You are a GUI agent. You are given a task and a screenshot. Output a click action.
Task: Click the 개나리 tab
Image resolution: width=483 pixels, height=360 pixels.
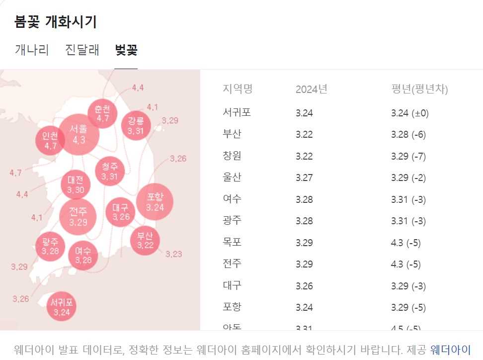[32, 50]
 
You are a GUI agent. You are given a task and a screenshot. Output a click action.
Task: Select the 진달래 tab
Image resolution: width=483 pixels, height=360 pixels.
[82, 50]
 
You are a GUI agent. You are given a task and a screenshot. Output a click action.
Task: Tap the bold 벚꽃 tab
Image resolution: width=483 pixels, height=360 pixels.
[126, 50]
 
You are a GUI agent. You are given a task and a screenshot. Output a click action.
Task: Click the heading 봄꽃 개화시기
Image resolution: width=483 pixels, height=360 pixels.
[56, 22]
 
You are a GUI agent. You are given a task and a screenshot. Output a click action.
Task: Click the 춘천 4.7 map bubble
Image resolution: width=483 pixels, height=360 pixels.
[102, 113]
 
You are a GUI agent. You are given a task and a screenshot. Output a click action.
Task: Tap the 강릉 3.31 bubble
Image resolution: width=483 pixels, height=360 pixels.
[136, 125]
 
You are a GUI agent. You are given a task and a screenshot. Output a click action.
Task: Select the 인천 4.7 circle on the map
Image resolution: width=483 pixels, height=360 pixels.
[50, 140]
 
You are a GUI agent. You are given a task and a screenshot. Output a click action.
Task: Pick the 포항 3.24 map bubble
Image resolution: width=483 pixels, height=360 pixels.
[155, 202]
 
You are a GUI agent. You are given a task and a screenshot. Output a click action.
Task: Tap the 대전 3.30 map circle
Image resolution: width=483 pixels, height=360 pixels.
[76, 184]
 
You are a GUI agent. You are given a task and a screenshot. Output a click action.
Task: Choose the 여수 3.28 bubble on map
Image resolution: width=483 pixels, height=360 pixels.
[83, 256]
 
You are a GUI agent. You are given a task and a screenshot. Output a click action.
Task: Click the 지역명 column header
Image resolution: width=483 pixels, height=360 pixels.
[238, 90]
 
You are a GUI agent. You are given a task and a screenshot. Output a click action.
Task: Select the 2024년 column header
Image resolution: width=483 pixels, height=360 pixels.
[311, 90]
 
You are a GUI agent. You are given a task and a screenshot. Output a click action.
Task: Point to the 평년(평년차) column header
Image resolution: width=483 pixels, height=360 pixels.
[419, 90]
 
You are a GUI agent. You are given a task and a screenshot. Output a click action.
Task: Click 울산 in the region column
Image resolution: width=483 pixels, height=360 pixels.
[232, 178]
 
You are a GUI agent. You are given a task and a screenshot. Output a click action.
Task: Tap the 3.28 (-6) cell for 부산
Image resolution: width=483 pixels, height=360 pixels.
[408, 135]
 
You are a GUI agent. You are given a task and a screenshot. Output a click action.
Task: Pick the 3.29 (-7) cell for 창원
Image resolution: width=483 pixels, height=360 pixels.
[408, 157]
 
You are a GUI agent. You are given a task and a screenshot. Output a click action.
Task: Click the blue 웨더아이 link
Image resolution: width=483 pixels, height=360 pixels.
[450, 349]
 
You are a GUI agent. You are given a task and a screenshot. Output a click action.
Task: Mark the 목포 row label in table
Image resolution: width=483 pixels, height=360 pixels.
[232, 243]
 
